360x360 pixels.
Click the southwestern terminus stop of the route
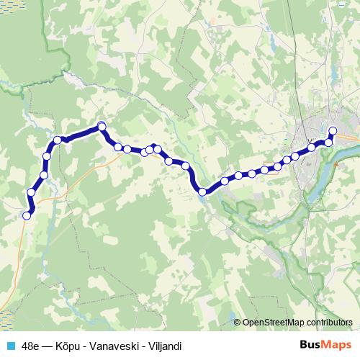coord(27,215)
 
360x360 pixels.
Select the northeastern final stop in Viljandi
coord(333,130)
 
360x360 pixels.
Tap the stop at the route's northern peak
coord(102,126)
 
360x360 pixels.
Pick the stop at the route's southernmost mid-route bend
coord(202,192)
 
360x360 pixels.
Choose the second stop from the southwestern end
coord(32,192)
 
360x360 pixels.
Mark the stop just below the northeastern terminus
coord(329,142)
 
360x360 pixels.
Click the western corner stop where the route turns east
coord(57,140)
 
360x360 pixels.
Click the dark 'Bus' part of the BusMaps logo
coord(311,345)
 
